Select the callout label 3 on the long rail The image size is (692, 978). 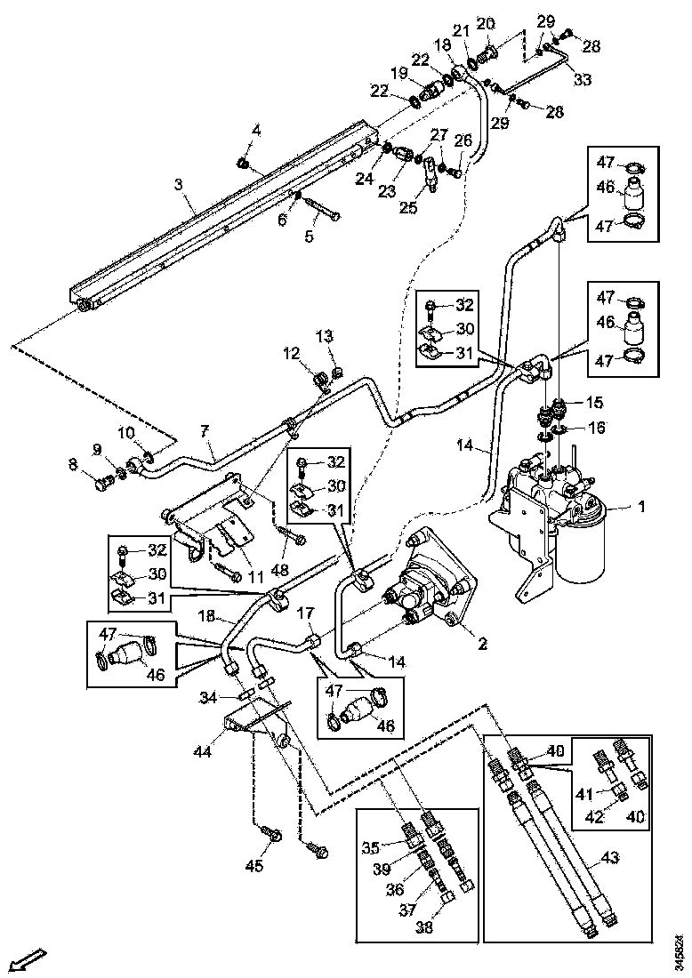tap(178, 184)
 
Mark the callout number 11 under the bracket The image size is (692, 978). tap(257, 577)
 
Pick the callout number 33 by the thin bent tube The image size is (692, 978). tap(581, 80)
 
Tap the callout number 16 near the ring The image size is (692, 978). tap(597, 428)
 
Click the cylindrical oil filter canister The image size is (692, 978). tap(582, 544)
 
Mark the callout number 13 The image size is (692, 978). tap(324, 335)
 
